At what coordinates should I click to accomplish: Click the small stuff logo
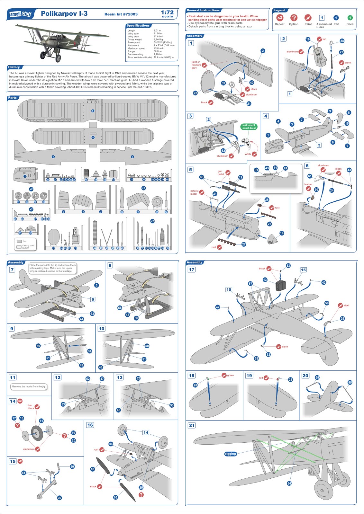[x=21, y=14]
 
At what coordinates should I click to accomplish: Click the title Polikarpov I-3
[x=64, y=13]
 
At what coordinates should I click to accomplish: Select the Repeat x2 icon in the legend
[x=279, y=18]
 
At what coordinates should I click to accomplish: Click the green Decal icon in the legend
[x=350, y=18]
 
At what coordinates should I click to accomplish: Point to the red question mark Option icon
[x=294, y=18]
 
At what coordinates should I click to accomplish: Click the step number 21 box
[x=192, y=425]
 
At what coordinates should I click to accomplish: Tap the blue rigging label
[x=231, y=454]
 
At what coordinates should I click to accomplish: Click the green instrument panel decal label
[x=249, y=127]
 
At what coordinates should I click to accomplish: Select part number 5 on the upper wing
[x=93, y=111]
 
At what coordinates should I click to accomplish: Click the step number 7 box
[x=12, y=270]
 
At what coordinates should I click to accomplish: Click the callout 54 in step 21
[x=289, y=483]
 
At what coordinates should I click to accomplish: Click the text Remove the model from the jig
[x=29, y=386]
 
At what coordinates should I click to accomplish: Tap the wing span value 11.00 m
[x=158, y=33]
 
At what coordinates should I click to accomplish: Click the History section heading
[x=14, y=67]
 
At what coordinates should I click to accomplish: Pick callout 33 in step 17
[x=288, y=266]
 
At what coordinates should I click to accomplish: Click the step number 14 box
[x=13, y=401]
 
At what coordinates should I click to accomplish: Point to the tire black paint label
[x=31, y=407]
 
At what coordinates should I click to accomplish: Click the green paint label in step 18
[x=230, y=375]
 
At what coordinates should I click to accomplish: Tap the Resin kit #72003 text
[x=121, y=14]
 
